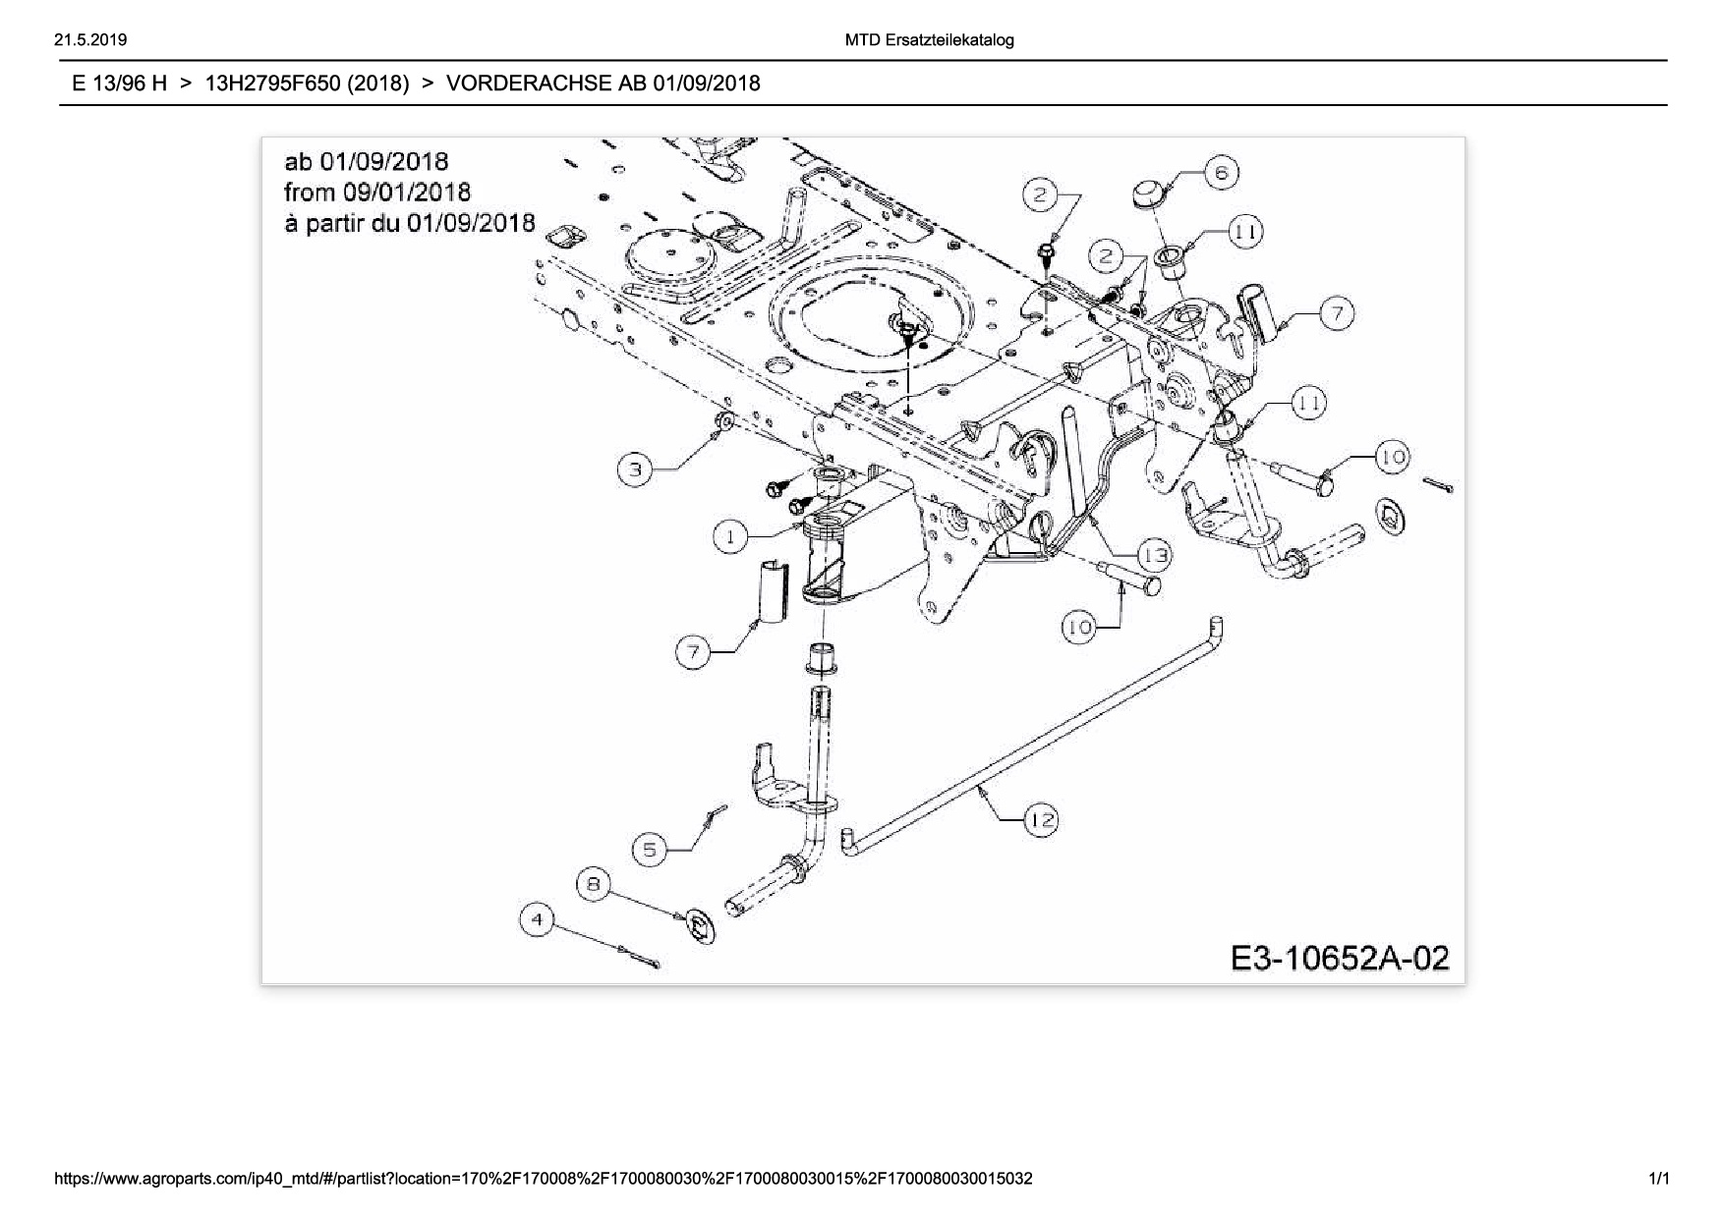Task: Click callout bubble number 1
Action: pyautogui.click(x=730, y=537)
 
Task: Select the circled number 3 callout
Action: pyautogui.click(x=635, y=470)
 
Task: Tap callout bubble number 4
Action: pyautogui.click(x=537, y=920)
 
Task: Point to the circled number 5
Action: pyautogui.click(x=650, y=850)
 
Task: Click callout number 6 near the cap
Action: pyautogui.click(x=1221, y=174)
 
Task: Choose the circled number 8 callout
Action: pyautogui.click(x=594, y=884)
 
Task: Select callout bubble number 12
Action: pyautogui.click(x=1041, y=819)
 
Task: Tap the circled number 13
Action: pyautogui.click(x=1156, y=556)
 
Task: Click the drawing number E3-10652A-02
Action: pyautogui.click(x=1340, y=958)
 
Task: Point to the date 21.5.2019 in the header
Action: pyautogui.click(x=91, y=40)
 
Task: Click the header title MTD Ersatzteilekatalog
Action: pyautogui.click(x=929, y=40)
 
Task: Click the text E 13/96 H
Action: pyautogui.click(x=119, y=83)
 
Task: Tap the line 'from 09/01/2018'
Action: pyautogui.click(x=377, y=192)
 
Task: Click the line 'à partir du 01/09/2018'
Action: pyautogui.click(x=410, y=223)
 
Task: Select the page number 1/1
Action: pyautogui.click(x=1658, y=1178)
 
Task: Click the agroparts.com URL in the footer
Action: pyautogui.click(x=544, y=1178)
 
